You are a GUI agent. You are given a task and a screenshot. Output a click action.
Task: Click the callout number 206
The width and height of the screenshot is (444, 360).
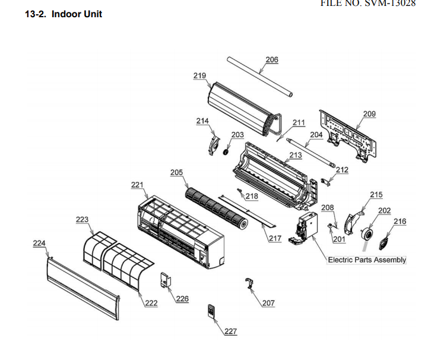272,60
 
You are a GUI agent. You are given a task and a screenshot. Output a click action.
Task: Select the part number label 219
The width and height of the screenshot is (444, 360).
199,75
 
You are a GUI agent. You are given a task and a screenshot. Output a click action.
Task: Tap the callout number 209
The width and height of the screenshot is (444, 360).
369,113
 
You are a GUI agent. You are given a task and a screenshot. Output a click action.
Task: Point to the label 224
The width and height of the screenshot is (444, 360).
39,243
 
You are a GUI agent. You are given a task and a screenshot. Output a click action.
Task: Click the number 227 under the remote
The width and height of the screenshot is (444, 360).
230,331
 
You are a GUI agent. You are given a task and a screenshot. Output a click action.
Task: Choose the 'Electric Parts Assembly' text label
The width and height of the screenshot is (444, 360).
367,260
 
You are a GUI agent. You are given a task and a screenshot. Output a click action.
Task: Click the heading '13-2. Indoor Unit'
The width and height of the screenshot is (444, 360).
64,14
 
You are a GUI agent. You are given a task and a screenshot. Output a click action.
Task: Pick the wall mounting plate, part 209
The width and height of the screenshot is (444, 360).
348,134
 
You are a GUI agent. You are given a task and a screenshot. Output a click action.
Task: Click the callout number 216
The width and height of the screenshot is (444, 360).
400,222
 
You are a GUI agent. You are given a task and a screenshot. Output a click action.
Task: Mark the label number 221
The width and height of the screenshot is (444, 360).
138,185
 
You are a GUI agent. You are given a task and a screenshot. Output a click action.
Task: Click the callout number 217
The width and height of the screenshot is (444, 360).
275,239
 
